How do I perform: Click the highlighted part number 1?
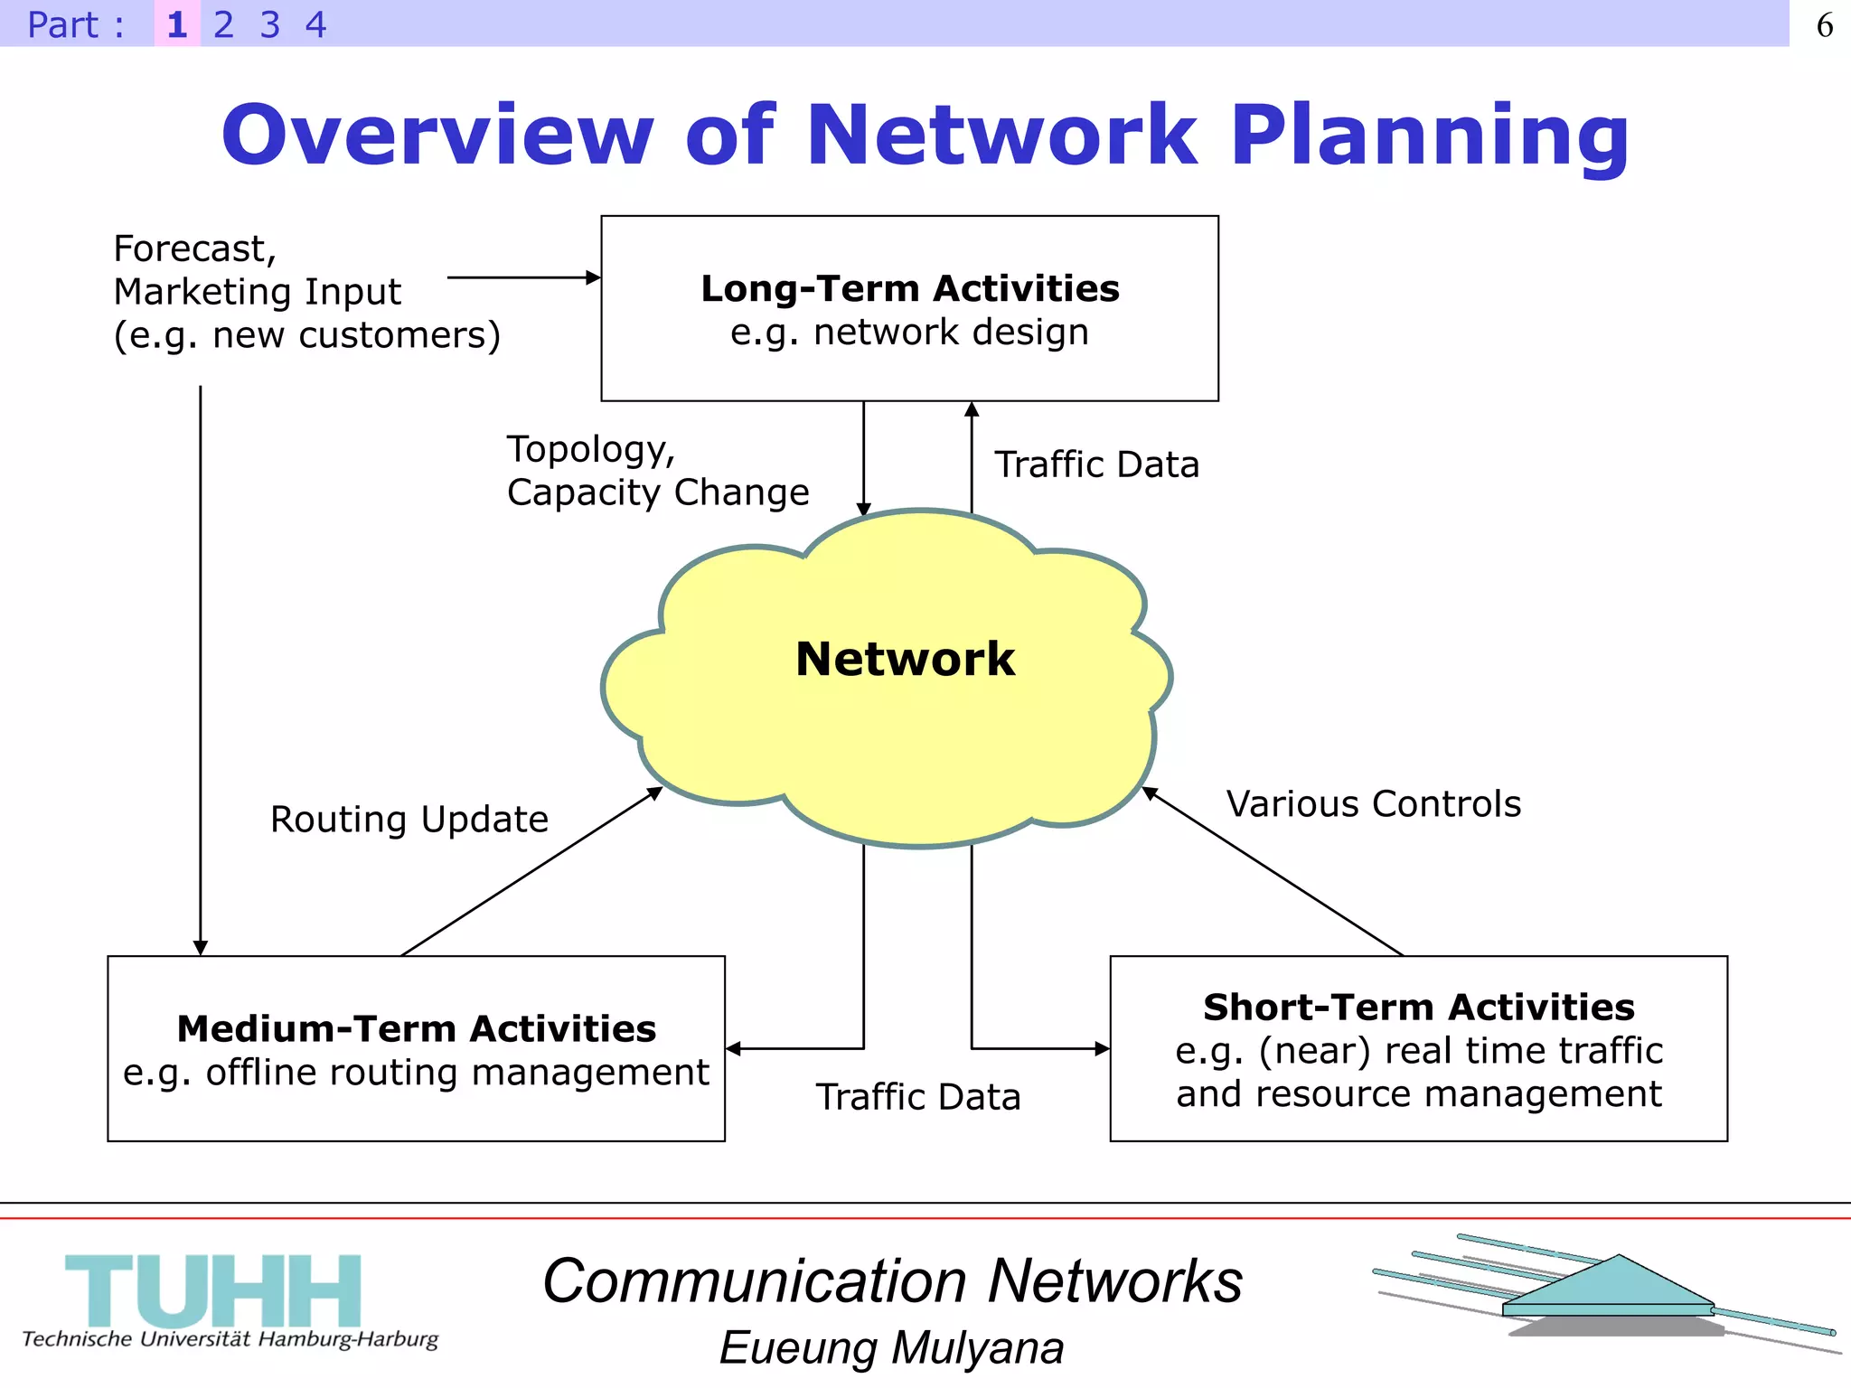(177, 24)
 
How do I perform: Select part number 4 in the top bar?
(315, 24)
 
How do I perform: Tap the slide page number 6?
(1824, 25)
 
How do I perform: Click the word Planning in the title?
(1430, 136)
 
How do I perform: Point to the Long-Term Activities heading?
(909, 289)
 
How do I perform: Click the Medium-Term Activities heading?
(416, 1029)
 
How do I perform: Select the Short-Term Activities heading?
(1418, 1008)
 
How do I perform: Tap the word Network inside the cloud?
(905, 659)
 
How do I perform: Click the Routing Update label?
(409, 820)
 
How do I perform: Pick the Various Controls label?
(1373, 804)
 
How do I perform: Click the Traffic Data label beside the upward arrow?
(1096, 464)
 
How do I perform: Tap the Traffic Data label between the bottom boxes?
(917, 1097)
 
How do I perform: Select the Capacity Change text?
(658, 492)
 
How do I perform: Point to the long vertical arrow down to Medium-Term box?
(201, 669)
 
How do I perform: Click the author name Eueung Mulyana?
(891, 1348)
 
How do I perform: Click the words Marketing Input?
(257, 292)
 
